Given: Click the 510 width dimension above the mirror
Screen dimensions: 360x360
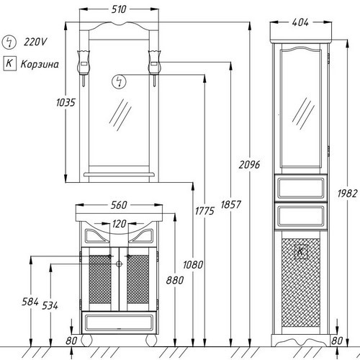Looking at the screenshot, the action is (119, 9).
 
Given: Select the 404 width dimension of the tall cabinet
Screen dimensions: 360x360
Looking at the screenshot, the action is (300, 22).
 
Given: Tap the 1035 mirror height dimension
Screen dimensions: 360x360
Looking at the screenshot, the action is (66, 102).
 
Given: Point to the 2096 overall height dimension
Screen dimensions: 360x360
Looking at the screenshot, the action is (249, 165).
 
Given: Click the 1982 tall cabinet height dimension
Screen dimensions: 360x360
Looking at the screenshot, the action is (347, 194).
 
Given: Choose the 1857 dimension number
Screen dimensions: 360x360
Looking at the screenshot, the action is (230, 204).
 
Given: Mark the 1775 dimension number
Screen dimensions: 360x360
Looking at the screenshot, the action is (204, 211).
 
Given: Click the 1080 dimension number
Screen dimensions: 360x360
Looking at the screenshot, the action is (193, 265).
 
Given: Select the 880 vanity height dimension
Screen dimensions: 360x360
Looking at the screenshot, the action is (175, 280).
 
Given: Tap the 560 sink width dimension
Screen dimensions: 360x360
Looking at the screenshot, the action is (119, 205).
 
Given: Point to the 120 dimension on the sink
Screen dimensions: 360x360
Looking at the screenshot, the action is (119, 224).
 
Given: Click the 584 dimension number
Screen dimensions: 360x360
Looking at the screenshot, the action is (30, 302).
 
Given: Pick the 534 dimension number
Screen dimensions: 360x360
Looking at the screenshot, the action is (50, 305).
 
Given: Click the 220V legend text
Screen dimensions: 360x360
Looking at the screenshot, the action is (35, 42).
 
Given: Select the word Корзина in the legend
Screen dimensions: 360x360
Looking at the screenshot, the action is (40, 64).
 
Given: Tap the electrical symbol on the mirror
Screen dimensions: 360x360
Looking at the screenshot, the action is (119, 81).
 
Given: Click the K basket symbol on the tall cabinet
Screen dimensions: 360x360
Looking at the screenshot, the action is (301, 252).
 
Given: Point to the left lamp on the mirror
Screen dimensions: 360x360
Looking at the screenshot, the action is (84, 68).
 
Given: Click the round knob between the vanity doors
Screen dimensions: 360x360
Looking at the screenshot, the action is (119, 264).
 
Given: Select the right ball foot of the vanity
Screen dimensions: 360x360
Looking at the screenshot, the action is (151, 341).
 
